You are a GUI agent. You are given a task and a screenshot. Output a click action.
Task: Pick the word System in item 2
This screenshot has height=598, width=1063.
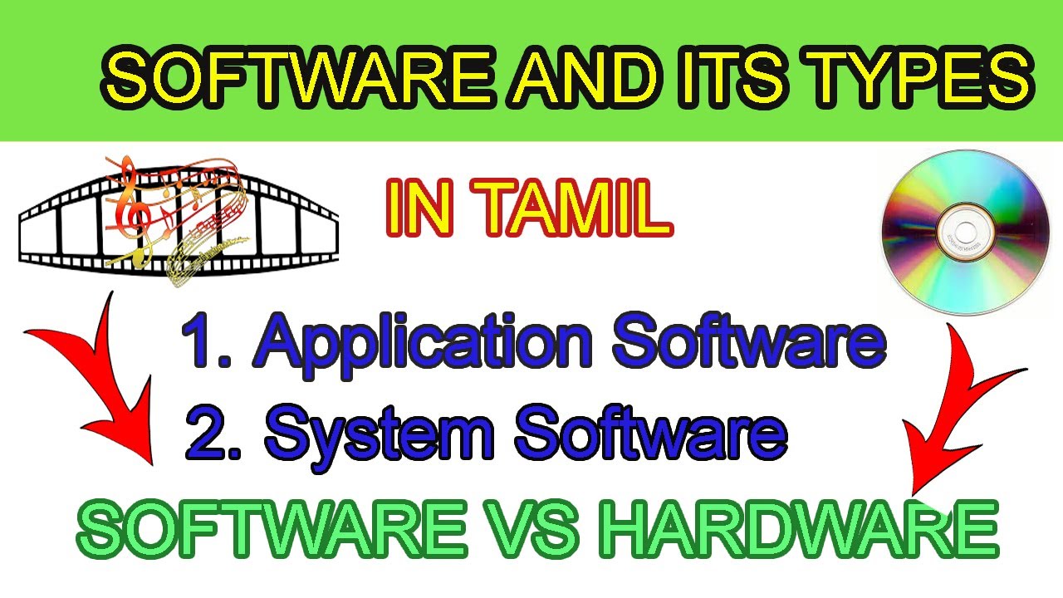point(378,434)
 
